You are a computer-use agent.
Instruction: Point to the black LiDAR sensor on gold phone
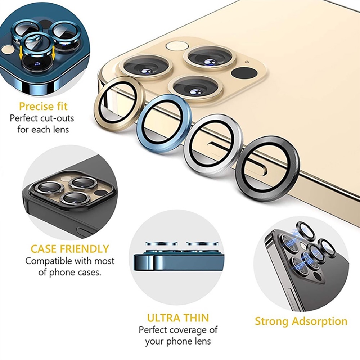pos(244,73)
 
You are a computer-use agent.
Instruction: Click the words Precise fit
pos(44,106)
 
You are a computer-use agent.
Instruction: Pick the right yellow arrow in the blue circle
pos(54,53)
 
